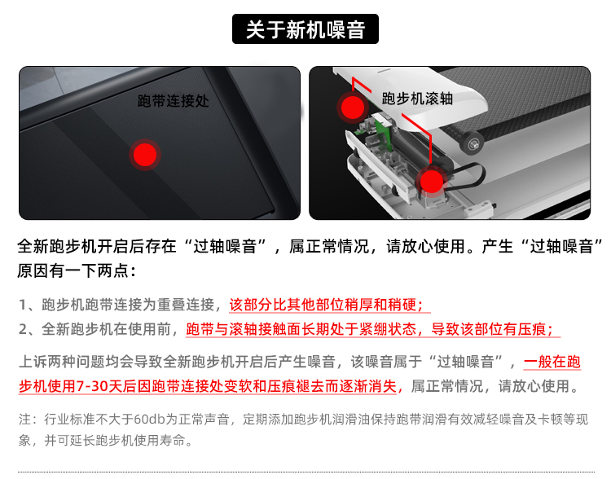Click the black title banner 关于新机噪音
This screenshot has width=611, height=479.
pyautogui.click(x=305, y=29)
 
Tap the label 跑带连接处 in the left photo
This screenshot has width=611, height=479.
pyautogui.click(x=173, y=101)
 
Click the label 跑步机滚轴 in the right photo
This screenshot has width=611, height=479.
pyautogui.click(x=417, y=99)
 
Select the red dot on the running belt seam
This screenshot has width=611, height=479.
pyautogui.click(x=145, y=155)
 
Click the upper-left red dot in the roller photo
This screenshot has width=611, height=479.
pyautogui.click(x=352, y=108)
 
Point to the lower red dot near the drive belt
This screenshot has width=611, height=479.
pyautogui.click(x=431, y=181)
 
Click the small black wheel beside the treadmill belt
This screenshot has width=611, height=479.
pyautogui.click(x=472, y=143)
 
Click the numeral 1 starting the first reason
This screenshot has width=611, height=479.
pyautogui.click(x=23, y=305)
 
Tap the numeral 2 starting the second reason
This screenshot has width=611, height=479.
pyautogui.click(x=24, y=330)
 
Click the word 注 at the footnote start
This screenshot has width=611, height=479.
pyautogui.click(x=25, y=420)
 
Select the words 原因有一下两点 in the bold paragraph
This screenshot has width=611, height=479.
pyautogui.click(x=73, y=270)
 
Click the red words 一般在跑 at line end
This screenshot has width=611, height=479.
pyautogui.click(x=552, y=362)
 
